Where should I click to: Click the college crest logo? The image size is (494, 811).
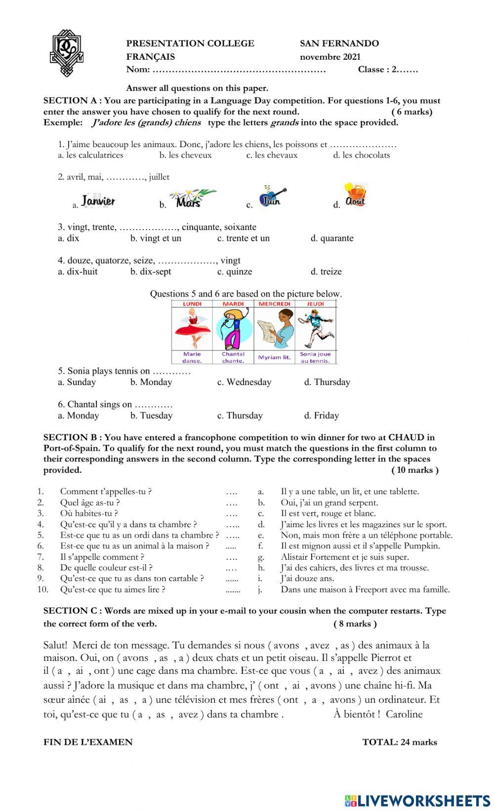tap(67, 53)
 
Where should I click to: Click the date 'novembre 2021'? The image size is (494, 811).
tap(330, 57)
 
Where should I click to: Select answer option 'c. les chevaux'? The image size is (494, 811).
tap(272, 155)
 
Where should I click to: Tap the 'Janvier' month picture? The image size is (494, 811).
tap(98, 200)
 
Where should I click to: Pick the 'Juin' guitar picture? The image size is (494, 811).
tap(272, 196)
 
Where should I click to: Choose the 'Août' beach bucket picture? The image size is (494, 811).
tap(356, 195)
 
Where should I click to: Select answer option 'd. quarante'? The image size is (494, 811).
tap(331, 238)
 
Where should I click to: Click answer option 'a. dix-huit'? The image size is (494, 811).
tap(78, 271)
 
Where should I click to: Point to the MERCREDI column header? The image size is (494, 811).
tap(275, 304)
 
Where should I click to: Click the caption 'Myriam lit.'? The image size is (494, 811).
tap(274, 357)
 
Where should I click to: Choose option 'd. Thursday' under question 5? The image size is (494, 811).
tap(327, 382)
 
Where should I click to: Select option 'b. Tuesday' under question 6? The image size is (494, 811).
tap(151, 416)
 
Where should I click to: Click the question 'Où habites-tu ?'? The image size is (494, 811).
tap(89, 513)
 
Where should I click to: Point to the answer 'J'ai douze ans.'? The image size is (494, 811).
tap(307, 579)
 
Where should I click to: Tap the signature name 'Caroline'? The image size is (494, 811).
tap(404, 714)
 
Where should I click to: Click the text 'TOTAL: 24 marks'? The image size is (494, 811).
tap(399, 742)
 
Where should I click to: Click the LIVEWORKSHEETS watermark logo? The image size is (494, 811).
tap(417, 801)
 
